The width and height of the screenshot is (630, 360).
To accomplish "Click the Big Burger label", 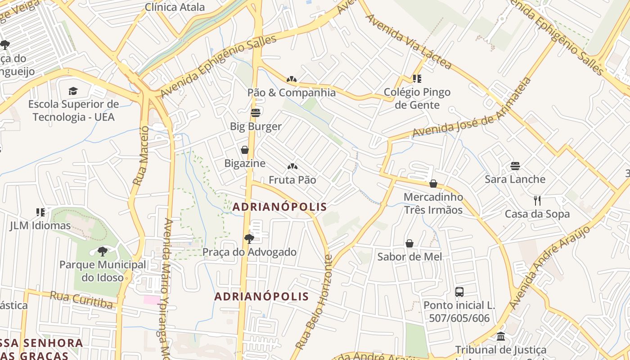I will pos(256,126).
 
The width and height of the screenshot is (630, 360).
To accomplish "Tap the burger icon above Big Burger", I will pos(256,112).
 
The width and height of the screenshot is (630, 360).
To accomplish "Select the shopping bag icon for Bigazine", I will pos(245,150).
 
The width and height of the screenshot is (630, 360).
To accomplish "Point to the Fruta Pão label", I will pos(292,180).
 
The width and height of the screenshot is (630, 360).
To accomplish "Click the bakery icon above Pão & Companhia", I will pos(292,79).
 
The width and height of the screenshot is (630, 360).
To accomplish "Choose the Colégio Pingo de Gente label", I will pos(417,99).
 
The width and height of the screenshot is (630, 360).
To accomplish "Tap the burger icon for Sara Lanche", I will pos(515,166).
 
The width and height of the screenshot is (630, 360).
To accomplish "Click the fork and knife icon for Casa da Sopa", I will pos(537,200).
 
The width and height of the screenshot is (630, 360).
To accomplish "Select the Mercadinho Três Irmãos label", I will pos(433,203).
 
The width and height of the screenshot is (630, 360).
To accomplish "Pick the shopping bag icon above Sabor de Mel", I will pos(409,243).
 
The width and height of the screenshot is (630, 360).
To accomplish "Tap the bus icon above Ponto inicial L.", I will pos(459,292).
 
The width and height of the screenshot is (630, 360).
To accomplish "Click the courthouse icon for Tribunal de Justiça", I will pos(501,336).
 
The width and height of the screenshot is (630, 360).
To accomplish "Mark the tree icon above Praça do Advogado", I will pos(249,238).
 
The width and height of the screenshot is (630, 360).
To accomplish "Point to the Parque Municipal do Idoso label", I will pos(103,271).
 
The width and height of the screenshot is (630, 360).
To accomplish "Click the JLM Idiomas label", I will pos(40,225).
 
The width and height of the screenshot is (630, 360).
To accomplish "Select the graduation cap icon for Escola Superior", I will pos(73,91).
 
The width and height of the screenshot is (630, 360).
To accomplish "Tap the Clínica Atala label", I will pos(175,7).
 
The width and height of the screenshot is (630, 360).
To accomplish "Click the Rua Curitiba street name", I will pos(81,300).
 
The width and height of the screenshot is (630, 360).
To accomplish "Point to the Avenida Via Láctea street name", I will pos(408,42).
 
